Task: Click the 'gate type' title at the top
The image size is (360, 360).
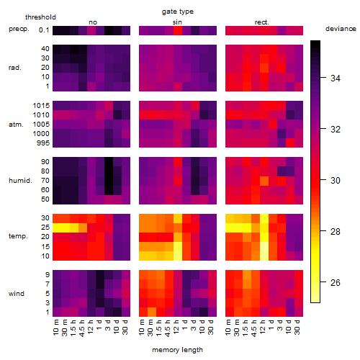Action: pyautogui.click(x=178, y=12)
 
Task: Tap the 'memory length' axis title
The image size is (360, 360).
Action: pyautogui.click(x=177, y=350)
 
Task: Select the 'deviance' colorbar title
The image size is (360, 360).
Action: pyautogui.click(x=341, y=29)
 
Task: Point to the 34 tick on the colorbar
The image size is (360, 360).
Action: pyautogui.click(x=336, y=78)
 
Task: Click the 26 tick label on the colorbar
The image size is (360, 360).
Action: pyautogui.click(x=336, y=282)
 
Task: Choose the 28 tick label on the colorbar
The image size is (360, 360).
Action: pyautogui.click(x=336, y=231)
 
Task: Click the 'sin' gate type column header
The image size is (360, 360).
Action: pyautogui.click(x=177, y=22)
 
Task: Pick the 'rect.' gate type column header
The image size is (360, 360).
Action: pyautogui.click(x=261, y=22)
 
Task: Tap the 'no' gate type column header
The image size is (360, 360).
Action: pyautogui.click(x=93, y=22)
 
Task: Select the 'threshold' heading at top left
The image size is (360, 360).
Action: pyautogui.click(x=40, y=17)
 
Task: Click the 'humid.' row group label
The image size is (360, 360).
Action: pyautogui.click(x=20, y=180)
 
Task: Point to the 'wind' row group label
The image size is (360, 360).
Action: pyautogui.click(x=17, y=294)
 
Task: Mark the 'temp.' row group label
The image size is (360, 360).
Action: pyautogui.click(x=18, y=236)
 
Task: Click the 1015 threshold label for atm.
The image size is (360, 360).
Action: pyautogui.click(x=41, y=106)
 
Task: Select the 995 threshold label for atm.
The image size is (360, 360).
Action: pyautogui.click(x=43, y=143)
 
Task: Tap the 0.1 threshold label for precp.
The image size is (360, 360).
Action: pyautogui.click(x=44, y=30)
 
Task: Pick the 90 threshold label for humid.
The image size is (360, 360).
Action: pyautogui.click(x=45, y=162)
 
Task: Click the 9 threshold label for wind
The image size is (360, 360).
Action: pyautogui.click(x=48, y=274)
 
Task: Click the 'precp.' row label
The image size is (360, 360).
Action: pyautogui.click(x=19, y=29)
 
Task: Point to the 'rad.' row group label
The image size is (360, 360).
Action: pyautogui.click(x=15, y=68)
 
